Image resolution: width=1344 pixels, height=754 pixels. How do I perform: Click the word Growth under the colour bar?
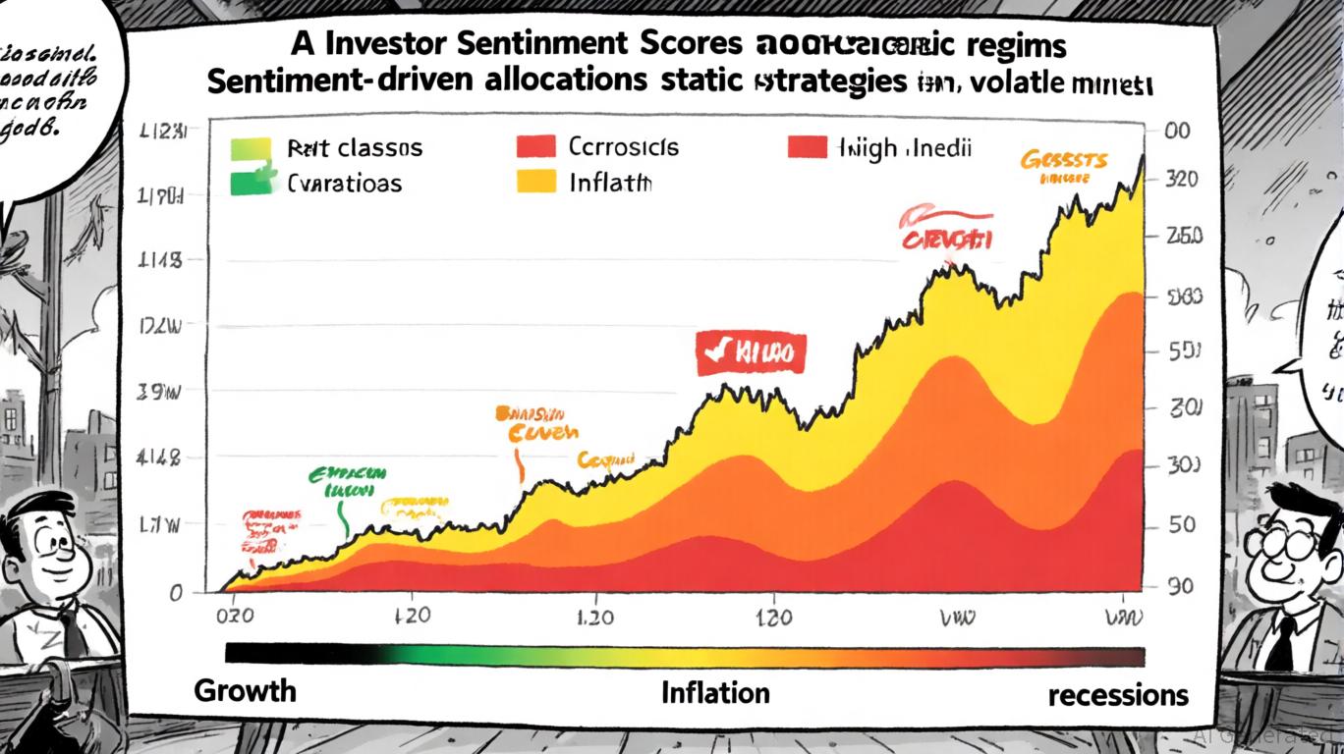tap(245, 689)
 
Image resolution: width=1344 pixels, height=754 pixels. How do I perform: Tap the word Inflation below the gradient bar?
tap(715, 693)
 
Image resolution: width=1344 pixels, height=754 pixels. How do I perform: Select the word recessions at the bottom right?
tap(1118, 695)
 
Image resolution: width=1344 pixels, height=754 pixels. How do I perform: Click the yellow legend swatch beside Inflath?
tap(534, 182)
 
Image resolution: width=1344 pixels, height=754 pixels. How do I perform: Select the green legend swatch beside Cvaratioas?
tap(251, 182)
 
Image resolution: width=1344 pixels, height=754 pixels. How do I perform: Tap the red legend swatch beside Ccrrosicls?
tap(534, 147)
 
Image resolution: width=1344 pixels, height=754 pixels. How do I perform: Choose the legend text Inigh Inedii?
tap(904, 148)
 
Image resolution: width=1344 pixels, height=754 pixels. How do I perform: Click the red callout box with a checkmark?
tap(751, 352)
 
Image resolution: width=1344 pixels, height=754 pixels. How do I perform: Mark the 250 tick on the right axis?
tap(1180, 237)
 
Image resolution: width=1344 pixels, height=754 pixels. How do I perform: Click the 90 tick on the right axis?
tap(1180, 586)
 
